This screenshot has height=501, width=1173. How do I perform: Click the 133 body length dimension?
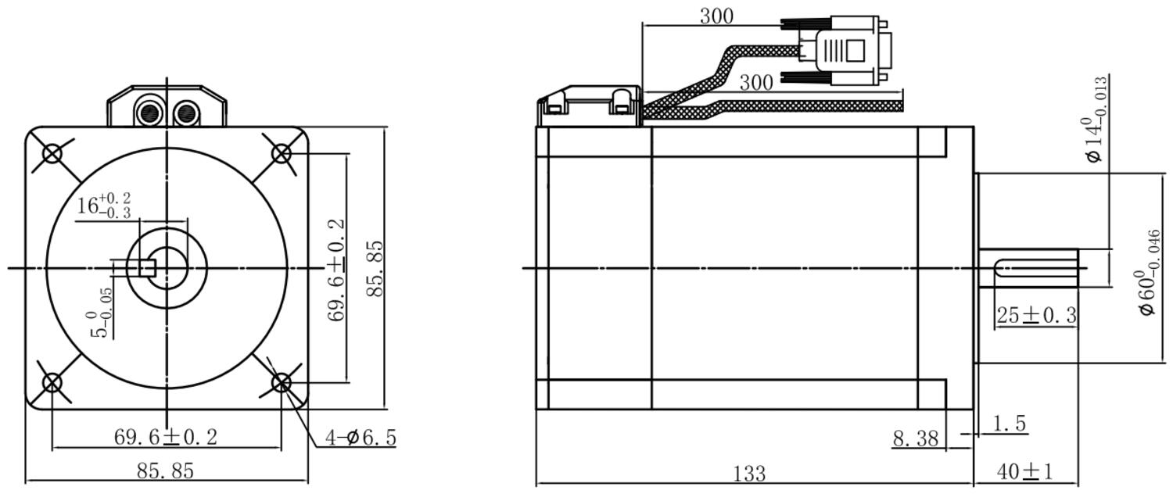[x=749, y=474]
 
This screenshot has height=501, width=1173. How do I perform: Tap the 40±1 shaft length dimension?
[x=1024, y=471]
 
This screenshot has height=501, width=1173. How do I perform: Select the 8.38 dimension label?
[x=916, y=438]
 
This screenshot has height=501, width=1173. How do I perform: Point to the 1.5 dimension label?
[x=1010, y=424]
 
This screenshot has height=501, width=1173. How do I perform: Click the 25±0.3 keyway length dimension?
[x=1036, y=315]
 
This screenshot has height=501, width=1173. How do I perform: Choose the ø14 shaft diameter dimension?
[x=1096, y=120]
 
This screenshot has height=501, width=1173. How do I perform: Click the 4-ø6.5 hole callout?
[x=361, y=438]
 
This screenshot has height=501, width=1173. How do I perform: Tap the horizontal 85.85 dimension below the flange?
[x=166, y=471]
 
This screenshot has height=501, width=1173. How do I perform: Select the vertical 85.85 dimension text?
[x=375, y=269]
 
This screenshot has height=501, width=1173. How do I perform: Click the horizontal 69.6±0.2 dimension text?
[x=166, y=437]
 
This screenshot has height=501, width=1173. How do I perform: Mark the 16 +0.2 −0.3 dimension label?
[x=104, y=206]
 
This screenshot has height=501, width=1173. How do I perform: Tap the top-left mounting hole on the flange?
[x=52, y=154]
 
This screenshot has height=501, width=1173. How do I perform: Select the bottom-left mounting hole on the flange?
[x=52, y=383]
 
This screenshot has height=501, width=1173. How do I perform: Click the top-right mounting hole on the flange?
[x=282, y=154]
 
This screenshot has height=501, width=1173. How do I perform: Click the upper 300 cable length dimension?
[x=717, y=16]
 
